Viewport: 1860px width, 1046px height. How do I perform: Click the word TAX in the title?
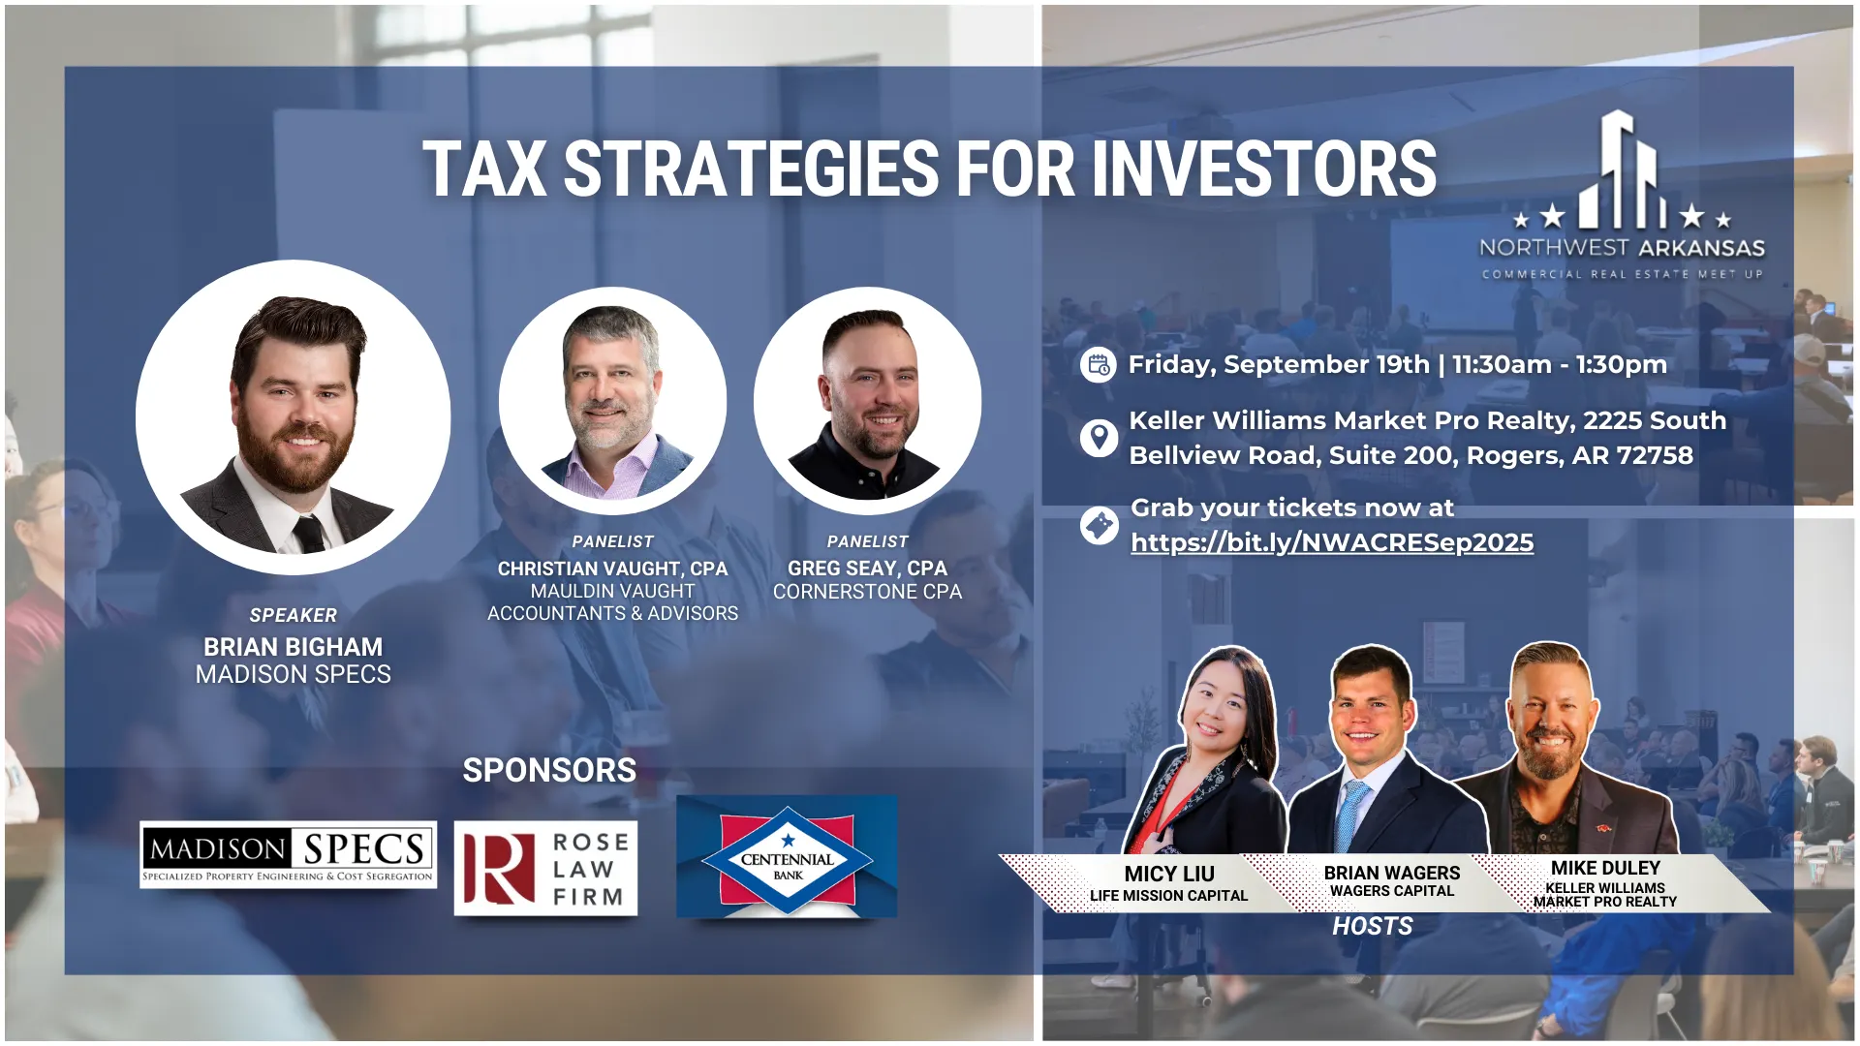point(484,169)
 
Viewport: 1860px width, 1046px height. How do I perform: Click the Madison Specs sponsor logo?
point(288,854)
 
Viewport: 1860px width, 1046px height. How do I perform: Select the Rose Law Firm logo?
point(545,869)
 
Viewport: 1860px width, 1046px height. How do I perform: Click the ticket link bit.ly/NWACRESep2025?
point(1332,542)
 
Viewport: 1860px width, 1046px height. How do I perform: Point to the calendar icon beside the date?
point(1099,365)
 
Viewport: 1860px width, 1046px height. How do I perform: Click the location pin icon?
point(1099,438)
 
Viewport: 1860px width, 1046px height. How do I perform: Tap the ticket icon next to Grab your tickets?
point(1099,526)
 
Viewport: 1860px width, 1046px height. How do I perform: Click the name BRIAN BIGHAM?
point(293,647)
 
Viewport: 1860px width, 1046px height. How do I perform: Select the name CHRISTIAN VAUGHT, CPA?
point(612,569)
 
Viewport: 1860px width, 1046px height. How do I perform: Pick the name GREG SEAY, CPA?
point(867,569)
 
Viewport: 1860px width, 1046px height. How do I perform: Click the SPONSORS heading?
point(549,770)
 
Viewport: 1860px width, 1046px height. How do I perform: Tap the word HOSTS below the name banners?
point(1372,926)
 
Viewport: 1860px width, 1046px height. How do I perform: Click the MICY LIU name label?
point(1169,874)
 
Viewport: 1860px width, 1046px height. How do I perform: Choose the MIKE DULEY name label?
point(1605,868)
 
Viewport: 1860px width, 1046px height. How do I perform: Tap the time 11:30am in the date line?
point(1502,365)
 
